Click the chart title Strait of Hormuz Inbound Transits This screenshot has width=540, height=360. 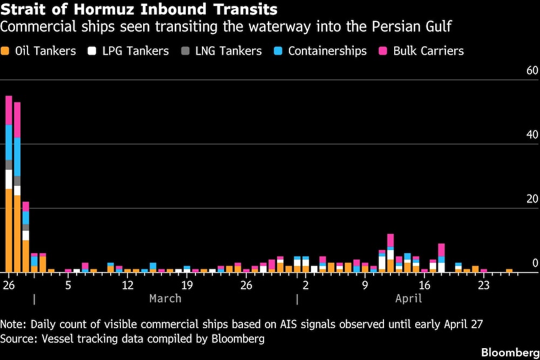click(x=139, y=10)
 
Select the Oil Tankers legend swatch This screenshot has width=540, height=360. click(x=5, y=51)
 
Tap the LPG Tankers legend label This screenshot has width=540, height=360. click(x=136, y=51)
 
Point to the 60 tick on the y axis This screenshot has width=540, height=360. click(x=532, y=71)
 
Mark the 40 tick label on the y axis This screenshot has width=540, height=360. click(x=532, y=135)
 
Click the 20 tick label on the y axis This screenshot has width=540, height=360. click(x=532, y=199)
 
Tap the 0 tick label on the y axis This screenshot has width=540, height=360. click(x=535, y=263)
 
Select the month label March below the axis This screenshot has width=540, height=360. click(x=165, y=298)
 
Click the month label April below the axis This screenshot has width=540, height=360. click(x=409, y=298)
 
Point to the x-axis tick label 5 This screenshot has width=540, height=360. click(x=68, y=284)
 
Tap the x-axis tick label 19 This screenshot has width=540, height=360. click(x=187, y=284)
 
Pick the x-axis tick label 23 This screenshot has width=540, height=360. click(x=483, y=284)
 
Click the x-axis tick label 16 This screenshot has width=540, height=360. click(x=424, y=284)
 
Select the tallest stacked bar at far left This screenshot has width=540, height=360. click(x=9, y=184)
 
